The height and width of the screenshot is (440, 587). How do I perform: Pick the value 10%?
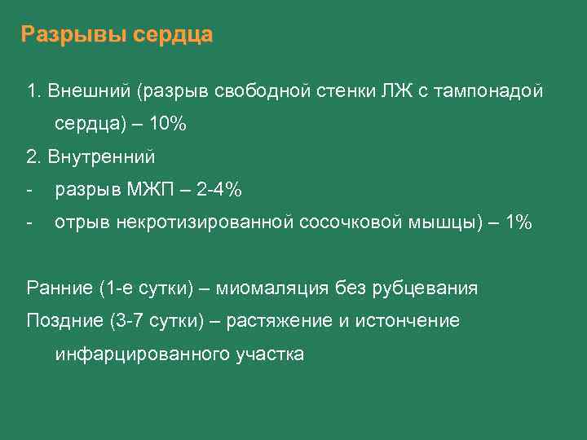167,124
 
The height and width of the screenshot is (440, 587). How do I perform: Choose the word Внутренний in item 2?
102,156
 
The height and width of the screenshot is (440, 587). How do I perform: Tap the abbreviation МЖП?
152,190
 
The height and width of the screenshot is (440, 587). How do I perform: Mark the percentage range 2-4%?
219,190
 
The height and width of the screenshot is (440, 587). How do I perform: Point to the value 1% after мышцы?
519,222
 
